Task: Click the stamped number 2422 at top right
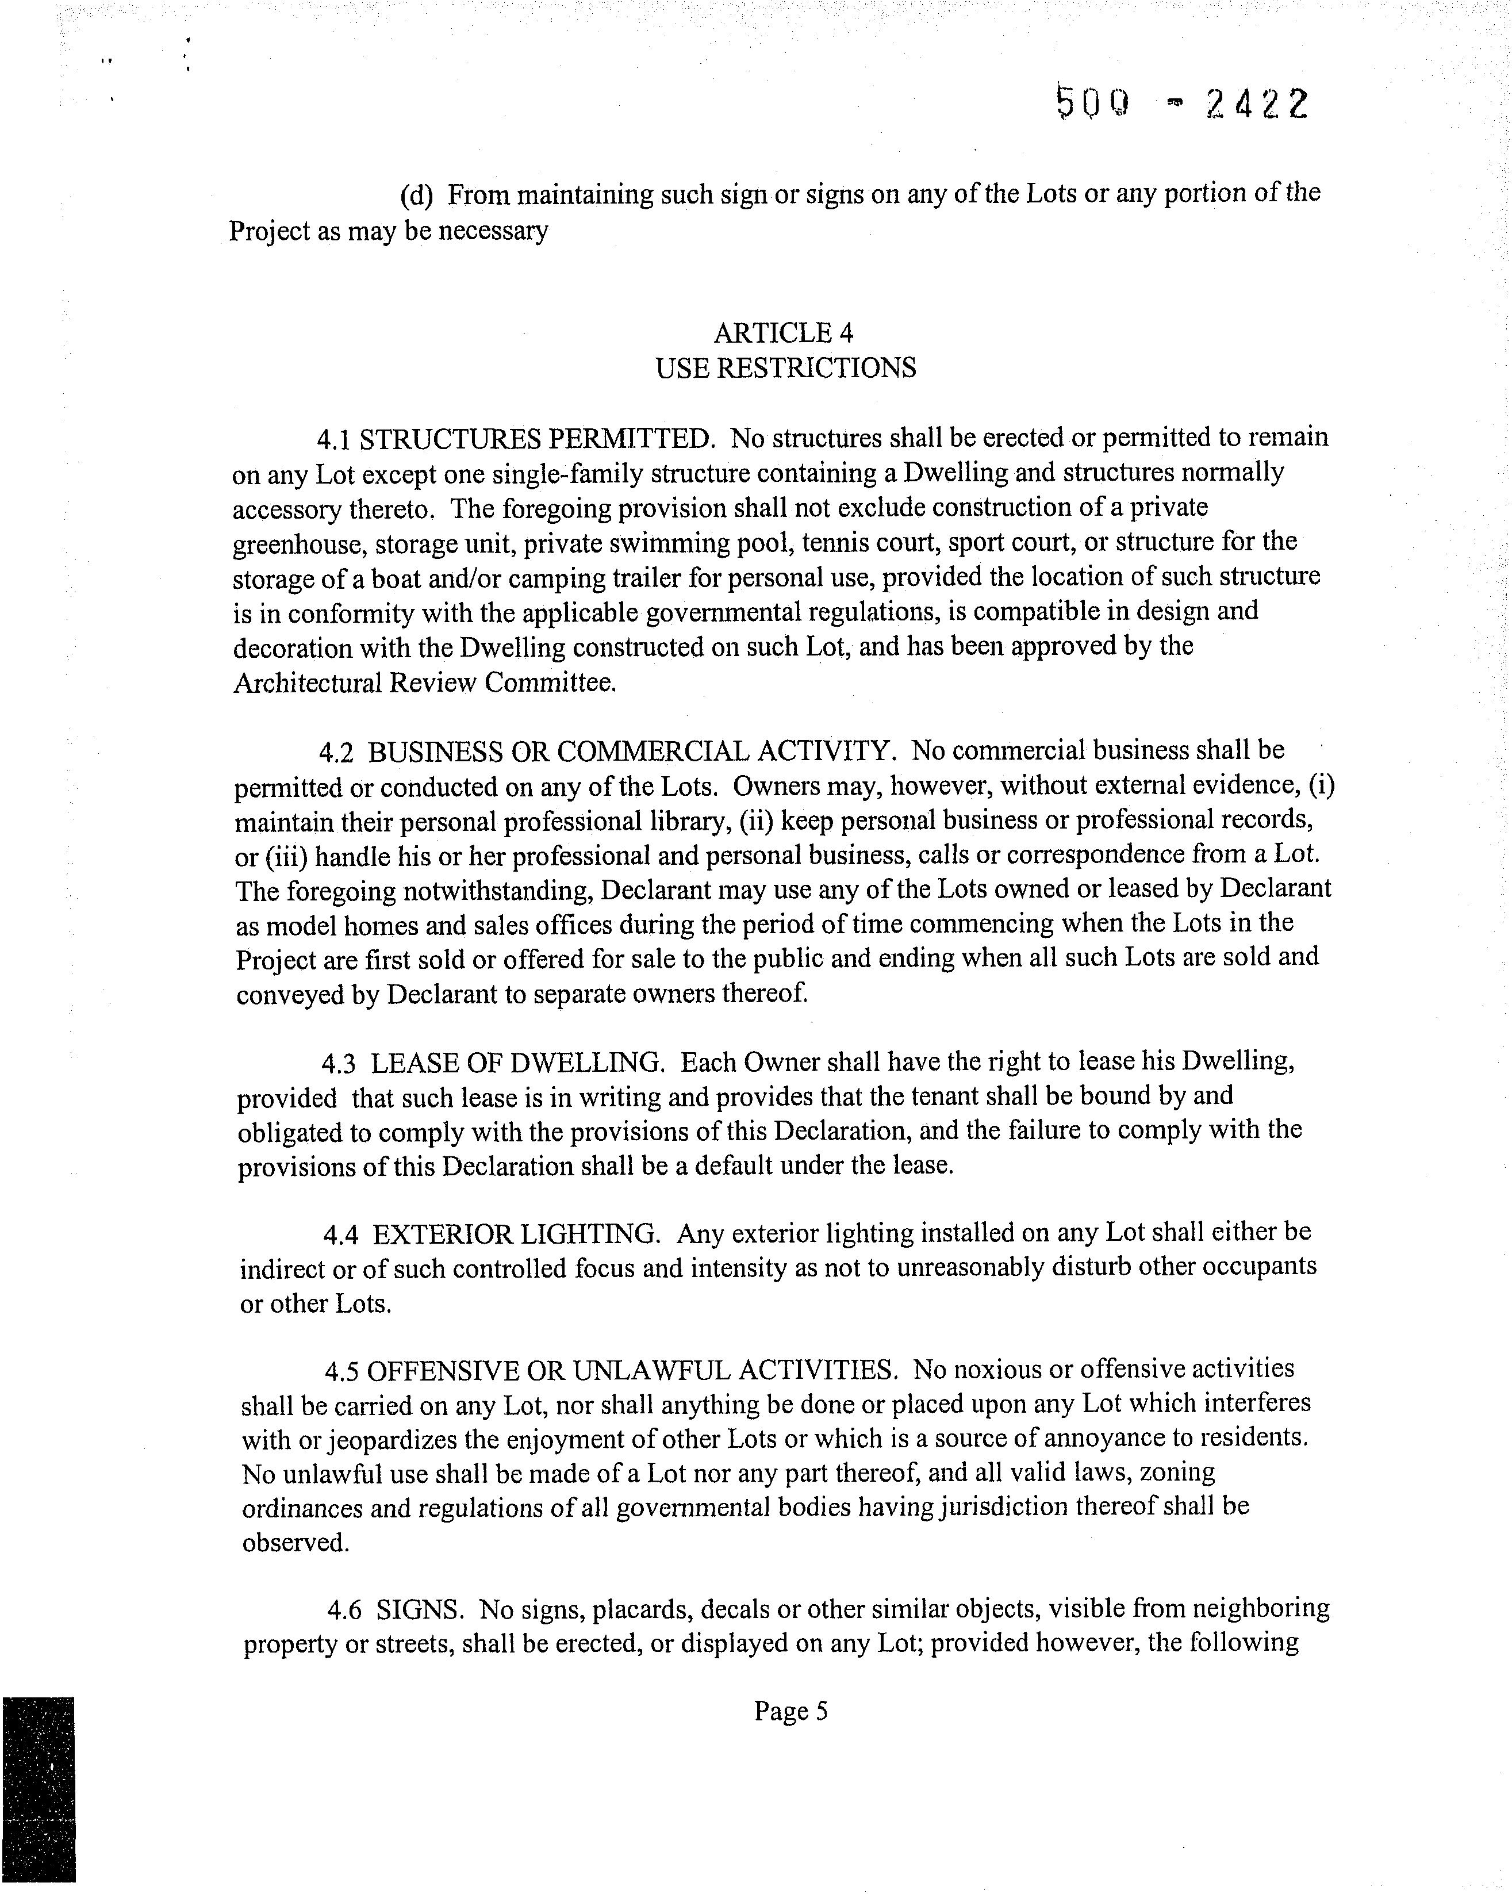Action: click(x=1257, y=105)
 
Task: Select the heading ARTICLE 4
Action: click(x=784, y=333)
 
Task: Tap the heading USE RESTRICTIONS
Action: click(x=785, y=368)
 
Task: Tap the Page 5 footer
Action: click(x=790, y=1711)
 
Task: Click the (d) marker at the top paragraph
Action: click(x=416, y=195)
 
